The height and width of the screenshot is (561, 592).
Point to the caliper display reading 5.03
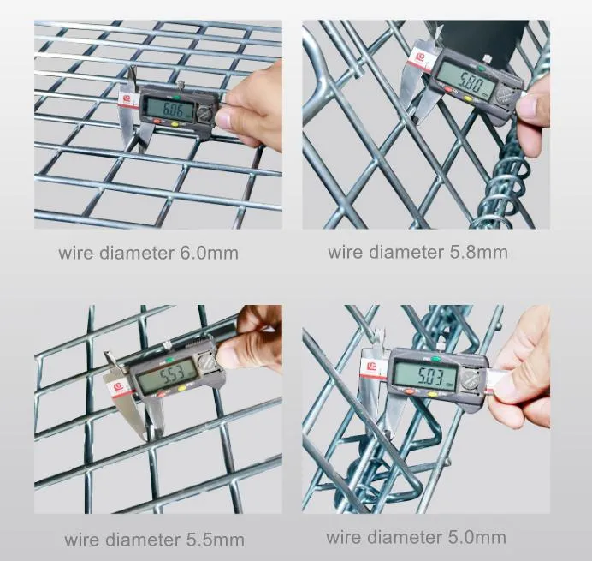[x=423, y=374]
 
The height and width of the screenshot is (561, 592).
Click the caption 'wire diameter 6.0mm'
[x=148, y=253]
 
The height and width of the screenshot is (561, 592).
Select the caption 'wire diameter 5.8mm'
[x=417, y=252]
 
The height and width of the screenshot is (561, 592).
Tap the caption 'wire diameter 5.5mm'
[x=154, y=540]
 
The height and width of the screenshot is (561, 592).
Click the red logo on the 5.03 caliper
[x=372, y=367]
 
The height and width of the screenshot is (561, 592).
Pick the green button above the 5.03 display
[x=435, y=359]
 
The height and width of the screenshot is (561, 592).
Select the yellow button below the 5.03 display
[x=432, y=395]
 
